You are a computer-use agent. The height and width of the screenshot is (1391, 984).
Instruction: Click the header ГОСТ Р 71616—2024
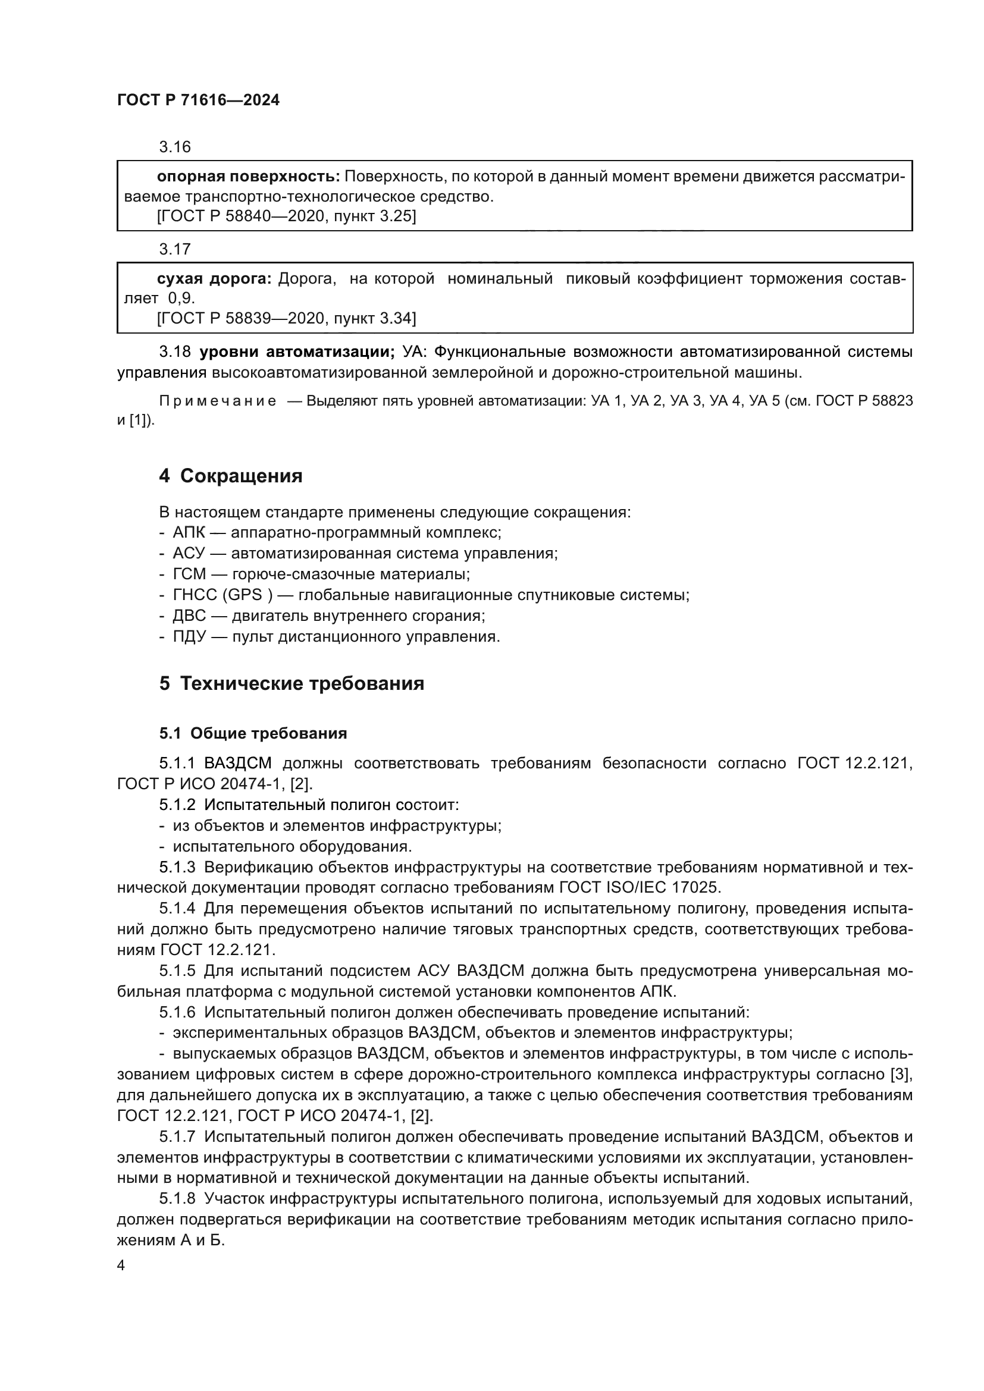point(198,101)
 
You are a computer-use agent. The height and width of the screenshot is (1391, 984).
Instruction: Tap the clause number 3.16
point(174,147)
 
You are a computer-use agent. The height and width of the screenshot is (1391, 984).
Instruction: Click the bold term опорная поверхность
point(248,176)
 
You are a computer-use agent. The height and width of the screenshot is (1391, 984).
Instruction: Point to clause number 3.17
point(174,249)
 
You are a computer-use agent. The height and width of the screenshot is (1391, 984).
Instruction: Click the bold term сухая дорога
point(214,279)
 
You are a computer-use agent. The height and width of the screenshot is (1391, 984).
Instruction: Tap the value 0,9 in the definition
point(181,298)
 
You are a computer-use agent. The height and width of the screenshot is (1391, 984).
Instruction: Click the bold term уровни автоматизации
point(297,351)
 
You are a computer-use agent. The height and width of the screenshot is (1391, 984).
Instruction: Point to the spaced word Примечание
point(218,401)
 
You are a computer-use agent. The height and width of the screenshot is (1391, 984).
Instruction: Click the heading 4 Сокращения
point(230,476)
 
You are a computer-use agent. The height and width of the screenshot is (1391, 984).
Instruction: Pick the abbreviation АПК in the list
point(189,532)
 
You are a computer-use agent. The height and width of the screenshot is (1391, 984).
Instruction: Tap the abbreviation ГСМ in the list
point(189,574)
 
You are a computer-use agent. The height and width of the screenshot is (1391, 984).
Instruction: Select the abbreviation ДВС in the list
point(189,616)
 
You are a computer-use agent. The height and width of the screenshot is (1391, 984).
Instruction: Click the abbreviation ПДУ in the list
point(190,636)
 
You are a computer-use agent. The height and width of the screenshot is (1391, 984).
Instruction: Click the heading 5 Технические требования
point(292,683)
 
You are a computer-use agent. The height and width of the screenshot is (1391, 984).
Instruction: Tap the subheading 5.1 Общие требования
point(253,733)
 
